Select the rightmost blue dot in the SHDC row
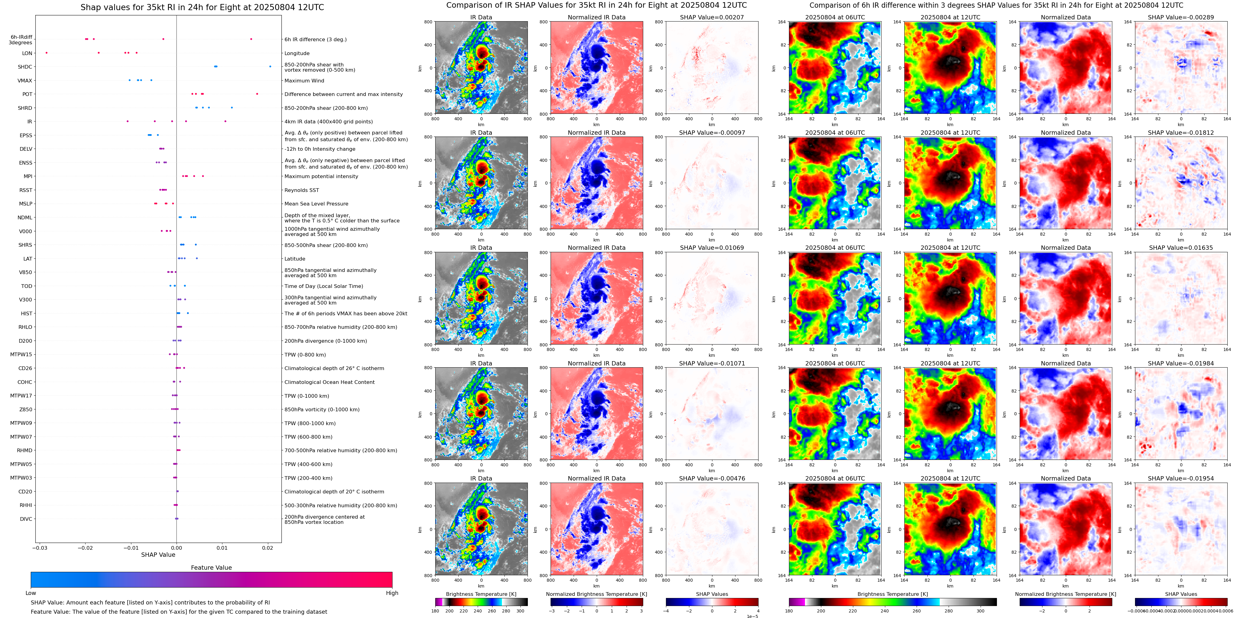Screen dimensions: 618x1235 tap(270, 67)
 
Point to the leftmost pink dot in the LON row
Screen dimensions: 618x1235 tap(46, 53)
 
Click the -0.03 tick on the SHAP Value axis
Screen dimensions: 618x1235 tap(40, 548)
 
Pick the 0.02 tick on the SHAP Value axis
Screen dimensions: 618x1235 tap(268, 548)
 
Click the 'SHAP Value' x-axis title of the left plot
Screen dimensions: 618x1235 tap(158, 555)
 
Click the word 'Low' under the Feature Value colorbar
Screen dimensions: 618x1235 tap(31, 593)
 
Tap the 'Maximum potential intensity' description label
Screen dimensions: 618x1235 tap(321, 177)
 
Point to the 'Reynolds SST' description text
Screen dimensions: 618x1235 tap(301, 190)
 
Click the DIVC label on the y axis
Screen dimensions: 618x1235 tap(26, 519)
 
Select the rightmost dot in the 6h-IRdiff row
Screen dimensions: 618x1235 tap(251, 39)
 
